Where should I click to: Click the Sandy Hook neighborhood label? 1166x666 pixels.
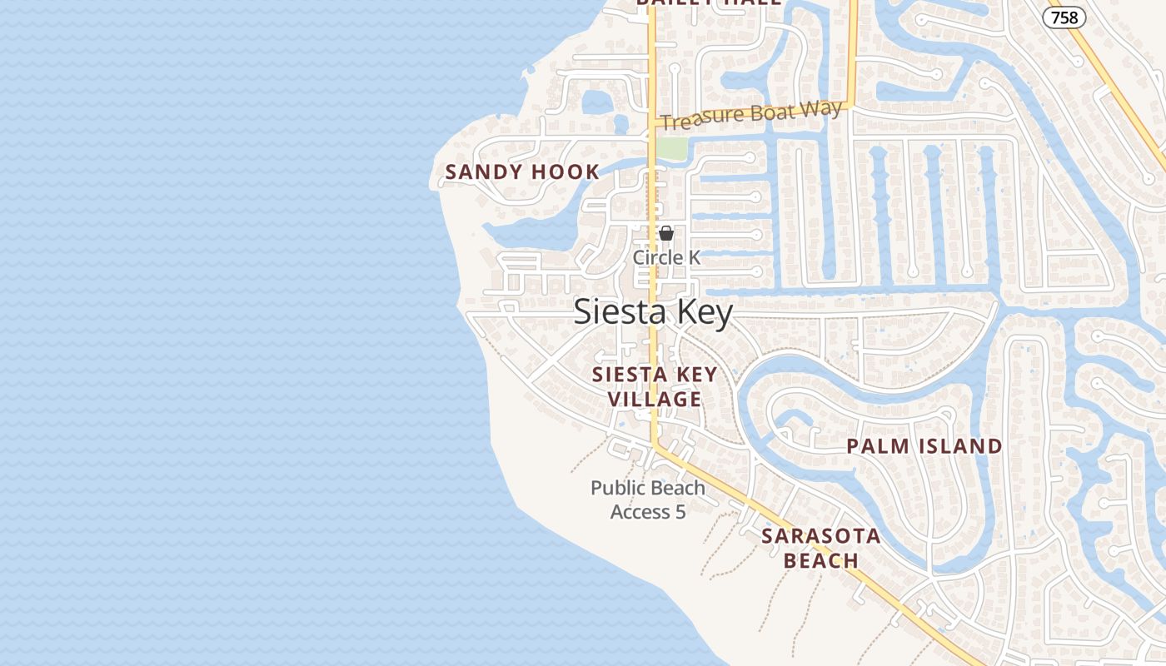pyautogui.click(x=522, y=172)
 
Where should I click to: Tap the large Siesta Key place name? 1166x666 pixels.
pyautogui.click(x=654, y=312)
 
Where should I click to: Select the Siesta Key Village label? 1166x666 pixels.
pyautogui.click(x=655, y=387)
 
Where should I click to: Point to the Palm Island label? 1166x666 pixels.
pyautogui.click(x=924, y=446)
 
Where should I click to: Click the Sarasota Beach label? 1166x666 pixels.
pyautogui.click(x=821, y=548)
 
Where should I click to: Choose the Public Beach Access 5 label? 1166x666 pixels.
pyautogui.click(x=648, y=499)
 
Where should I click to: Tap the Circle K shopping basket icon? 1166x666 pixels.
pyautogui.click(x=666, y=233)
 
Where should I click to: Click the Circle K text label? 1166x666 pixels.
pyautogui.click(x=666, y=257)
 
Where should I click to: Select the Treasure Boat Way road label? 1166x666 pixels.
pyautogui.click(x=751, y=115)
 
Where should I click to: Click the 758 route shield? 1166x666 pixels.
pyautogui.click(x=1064, y=17)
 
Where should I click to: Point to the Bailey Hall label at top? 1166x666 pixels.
pyautogui.click(x=709, y=2)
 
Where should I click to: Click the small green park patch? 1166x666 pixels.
pyautogui.click(x=672, y=148)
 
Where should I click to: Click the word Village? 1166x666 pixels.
pyautogui.click(x=655, y=400)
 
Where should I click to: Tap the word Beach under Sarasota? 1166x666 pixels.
pyautogui.click(x=821, y=560)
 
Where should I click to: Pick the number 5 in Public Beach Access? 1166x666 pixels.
pyautogui.click(x=680, y=512)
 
